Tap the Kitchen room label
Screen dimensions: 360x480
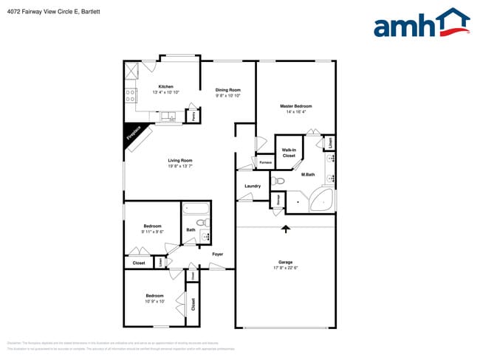(x=165, y=87)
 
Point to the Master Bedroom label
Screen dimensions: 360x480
(x=295, y=106)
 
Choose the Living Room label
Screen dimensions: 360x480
(x=179, y=160)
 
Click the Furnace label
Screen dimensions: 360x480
(x=266, y=162)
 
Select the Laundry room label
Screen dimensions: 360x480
(x=253, y=186)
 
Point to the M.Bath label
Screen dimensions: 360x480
(x=308, y=174)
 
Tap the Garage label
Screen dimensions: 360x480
(x=286, y=261)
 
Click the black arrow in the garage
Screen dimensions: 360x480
(x=286, y=229)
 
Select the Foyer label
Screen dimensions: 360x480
(x=218, y=255)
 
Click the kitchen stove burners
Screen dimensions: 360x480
(x=131, y=95)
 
